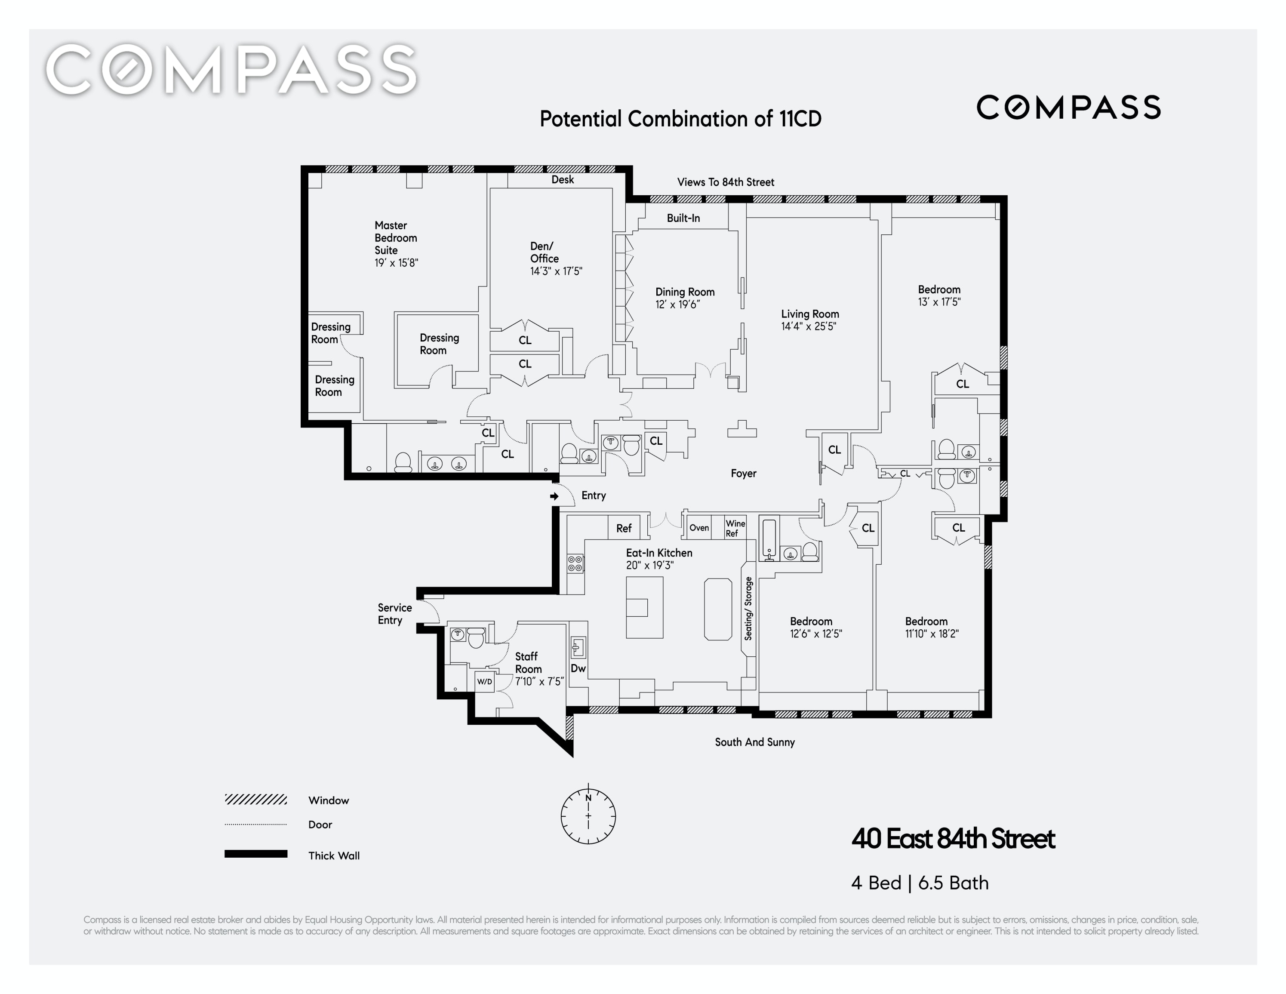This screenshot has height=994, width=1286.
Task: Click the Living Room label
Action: (809, 314)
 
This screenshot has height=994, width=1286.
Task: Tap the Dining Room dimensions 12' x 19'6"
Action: (678, 305)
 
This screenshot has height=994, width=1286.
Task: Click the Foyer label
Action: (743, 474)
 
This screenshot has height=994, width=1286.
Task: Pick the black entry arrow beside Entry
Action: (554, 496)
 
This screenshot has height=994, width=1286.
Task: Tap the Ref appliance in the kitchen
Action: (624, 528)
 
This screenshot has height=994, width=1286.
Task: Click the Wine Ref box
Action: (735, 528)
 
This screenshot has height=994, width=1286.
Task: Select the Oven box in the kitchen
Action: (699, 528)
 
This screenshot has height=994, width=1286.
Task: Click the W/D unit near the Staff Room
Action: (485, 681)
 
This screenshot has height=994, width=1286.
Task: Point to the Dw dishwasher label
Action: (578, 668)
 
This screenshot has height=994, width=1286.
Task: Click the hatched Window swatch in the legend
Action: (255, 800)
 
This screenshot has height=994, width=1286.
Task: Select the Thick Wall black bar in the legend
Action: (255, 854)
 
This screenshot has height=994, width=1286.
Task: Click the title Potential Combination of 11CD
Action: (680, 119)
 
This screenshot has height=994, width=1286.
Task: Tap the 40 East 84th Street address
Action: (953, 839)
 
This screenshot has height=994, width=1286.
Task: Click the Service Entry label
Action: (394, 614)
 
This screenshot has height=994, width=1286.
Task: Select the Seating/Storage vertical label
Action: (748, 608)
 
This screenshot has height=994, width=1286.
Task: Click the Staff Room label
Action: (528, 662)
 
